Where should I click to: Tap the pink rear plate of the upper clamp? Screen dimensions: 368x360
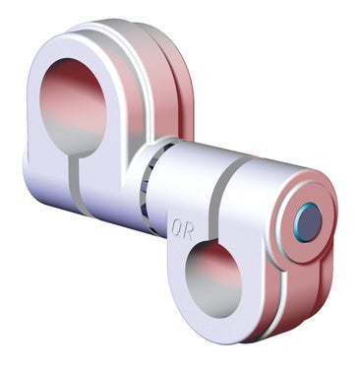click(177, 98)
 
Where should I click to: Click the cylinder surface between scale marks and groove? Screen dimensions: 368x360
click(187, 177)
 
